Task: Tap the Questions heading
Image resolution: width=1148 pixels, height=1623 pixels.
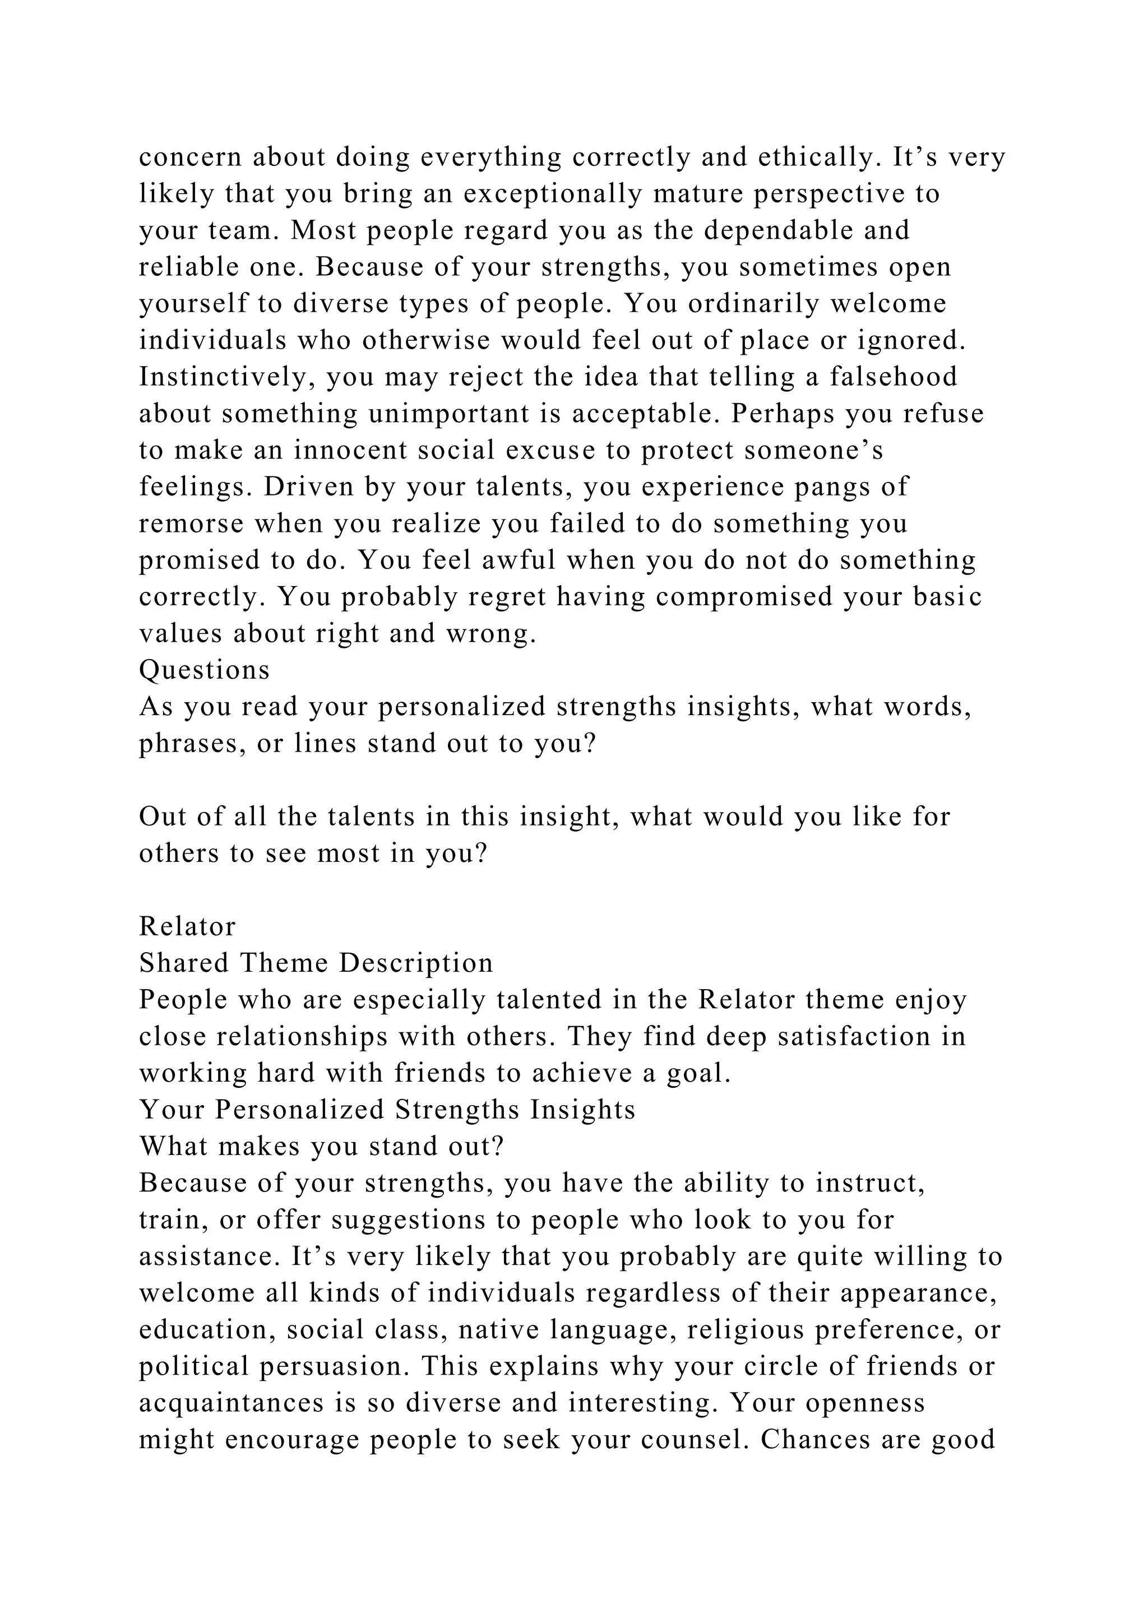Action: [x=204, y=670]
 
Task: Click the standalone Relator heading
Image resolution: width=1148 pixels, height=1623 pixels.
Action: [x=187, y=927]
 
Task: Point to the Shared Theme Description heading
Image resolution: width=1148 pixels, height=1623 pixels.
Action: [x=316, y=963]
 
